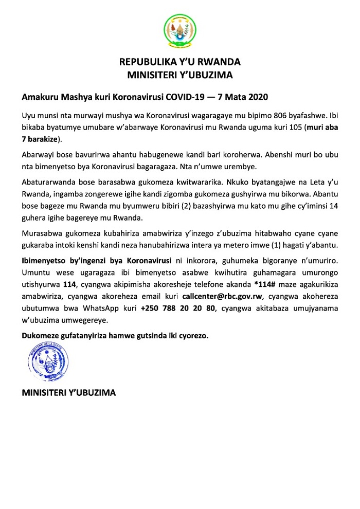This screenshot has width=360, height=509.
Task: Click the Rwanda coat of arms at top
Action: point(179,29)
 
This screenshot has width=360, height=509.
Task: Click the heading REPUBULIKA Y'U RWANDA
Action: point(180,63)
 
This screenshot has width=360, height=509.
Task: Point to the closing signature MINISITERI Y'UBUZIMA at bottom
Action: point(69,393)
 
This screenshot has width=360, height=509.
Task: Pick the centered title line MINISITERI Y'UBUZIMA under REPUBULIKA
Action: point(180,75)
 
